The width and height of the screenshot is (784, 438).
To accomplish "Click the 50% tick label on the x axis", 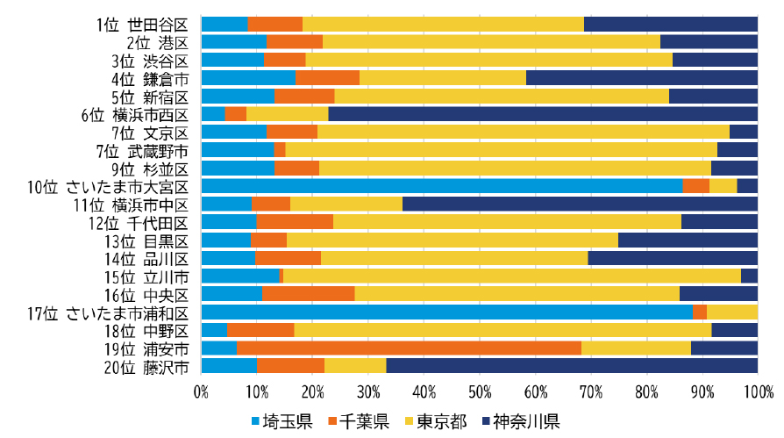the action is pos(480,391).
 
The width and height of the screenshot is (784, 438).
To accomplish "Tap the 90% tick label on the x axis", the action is pos(702,391).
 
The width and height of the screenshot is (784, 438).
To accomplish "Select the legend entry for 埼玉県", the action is pos(282,421).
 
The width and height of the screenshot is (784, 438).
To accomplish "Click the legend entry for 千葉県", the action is pos(359,421).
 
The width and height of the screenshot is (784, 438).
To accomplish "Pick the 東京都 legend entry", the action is pos(436,421).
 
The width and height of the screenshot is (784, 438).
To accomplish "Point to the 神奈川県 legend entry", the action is pos(521,421).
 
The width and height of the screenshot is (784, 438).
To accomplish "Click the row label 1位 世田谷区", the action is pos(142,25).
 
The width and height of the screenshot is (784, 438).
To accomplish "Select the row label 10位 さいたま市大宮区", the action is pos(108,187).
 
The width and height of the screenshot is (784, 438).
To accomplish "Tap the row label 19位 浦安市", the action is pos(146,349).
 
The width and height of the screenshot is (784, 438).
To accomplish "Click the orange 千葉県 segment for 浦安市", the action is pos(409,348).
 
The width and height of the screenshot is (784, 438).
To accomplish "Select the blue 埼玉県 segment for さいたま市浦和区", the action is pos(447,312).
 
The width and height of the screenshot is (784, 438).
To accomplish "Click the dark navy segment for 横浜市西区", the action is pos(543,113).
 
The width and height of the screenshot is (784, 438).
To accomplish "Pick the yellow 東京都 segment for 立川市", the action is pos(512,276).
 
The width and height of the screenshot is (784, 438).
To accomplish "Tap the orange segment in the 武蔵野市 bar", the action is pos(280,150).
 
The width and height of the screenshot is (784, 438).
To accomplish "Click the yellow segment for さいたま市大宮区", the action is pos(723,186).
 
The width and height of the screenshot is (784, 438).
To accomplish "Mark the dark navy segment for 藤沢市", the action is pos(572,366).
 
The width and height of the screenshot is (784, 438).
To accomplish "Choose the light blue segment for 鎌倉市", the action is pos(248,77).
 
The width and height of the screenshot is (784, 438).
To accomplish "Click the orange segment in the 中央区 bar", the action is pos(309,294).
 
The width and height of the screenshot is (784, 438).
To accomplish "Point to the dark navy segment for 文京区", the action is pos(744,132).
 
